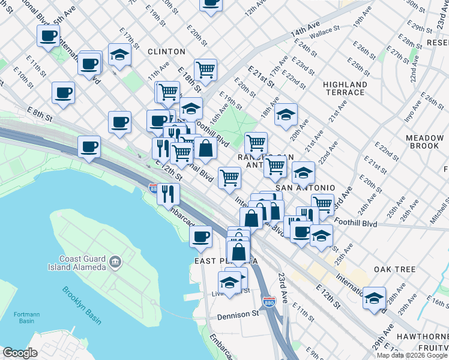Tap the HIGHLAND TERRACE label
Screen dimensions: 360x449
coord(345,89)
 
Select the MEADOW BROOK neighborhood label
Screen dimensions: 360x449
coord(424,142)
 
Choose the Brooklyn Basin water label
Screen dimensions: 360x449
coord(82,305)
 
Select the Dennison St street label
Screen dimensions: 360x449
coord(237,316)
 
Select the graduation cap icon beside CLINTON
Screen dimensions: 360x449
coord(119,54)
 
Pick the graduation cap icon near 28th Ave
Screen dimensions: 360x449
coord(375,298)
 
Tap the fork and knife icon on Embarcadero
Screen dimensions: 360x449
coord(168,193)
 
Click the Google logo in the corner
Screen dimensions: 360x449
coord(20,353)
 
